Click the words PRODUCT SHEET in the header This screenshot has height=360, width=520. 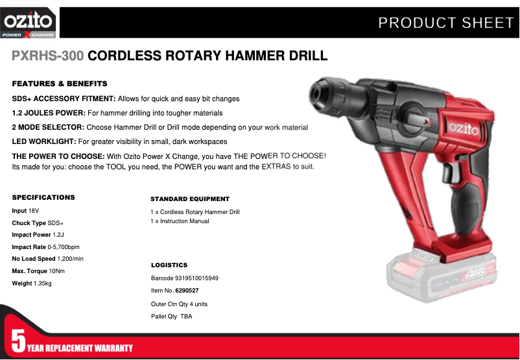pyautogui.click(x=445, y=23)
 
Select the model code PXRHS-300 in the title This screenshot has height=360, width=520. pyautogui.click(x=47, y=56)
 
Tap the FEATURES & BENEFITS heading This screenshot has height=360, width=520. pyautogui.click(x=60, y=84)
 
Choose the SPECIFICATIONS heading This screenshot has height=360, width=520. pyautogui.click(x=43, y=197)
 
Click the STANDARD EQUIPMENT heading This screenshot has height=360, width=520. pyautogui.click(x=190, y=199)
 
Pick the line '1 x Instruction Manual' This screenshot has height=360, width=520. pyautogui.click(x=180, y=221)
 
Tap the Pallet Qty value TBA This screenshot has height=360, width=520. pyautogui.click(x=186, y=317)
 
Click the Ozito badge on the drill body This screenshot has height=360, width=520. pyautogui.click(x=461, y=128)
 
